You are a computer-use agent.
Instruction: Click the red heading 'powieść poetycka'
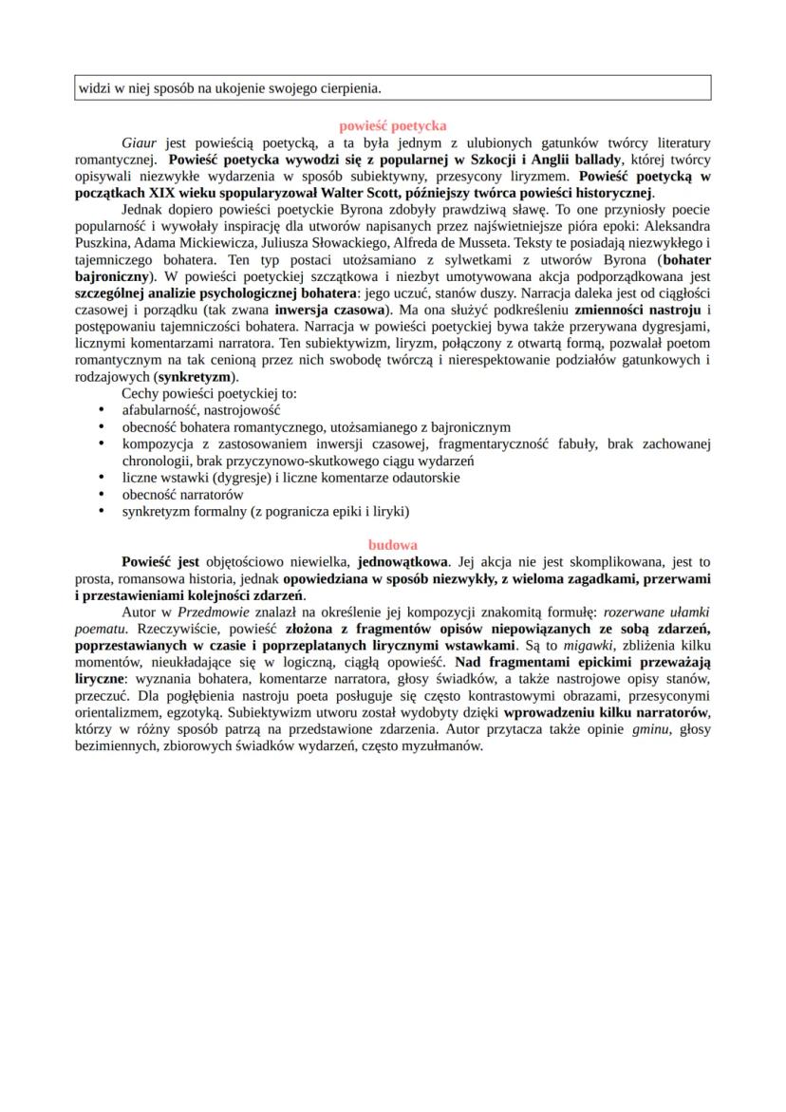coord(393,125)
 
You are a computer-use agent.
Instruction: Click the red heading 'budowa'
coord(393,545)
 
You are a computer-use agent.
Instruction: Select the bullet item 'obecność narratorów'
coord(182,495)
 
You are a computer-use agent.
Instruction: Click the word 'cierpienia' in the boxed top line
coord(347,88)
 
